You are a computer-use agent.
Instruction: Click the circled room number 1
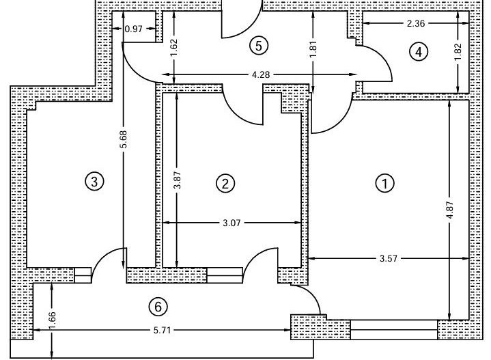pos(386,183)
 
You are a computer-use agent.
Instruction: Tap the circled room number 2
pos(225,183)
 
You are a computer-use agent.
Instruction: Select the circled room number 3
pos(94,182)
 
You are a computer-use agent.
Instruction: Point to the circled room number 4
pos(418,51)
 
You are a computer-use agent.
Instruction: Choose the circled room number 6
pos(158,307)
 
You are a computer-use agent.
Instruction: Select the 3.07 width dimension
pos(234,222)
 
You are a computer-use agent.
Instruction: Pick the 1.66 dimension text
pos(52,318)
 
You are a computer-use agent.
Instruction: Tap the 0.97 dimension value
pos(135,29)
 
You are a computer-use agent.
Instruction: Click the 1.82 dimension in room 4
pos(458,52)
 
